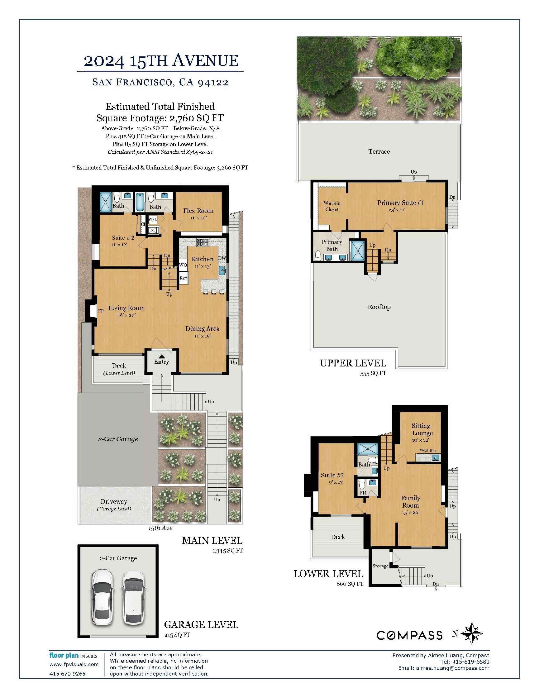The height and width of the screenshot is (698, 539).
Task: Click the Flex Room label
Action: point(198,211)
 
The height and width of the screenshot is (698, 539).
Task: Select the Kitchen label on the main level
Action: point(202,259)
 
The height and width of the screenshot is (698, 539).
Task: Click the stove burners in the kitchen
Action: point(203,242)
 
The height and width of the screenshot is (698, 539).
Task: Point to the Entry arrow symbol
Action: point(162,356)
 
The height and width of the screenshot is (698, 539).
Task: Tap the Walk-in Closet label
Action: point(332,206)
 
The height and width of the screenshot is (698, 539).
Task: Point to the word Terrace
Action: point(379,151)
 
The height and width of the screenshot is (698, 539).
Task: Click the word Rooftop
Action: point(379,307)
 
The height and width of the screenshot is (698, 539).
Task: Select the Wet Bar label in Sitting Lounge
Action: point(428,450)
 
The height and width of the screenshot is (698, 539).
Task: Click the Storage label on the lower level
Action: point(380,566)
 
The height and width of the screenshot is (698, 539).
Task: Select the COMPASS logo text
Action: point(410,635)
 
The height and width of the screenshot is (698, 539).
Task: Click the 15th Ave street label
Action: point(160,528)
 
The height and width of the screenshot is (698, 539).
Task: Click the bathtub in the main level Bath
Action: point(140,202)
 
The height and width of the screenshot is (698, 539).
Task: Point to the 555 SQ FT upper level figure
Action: point(373,373)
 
